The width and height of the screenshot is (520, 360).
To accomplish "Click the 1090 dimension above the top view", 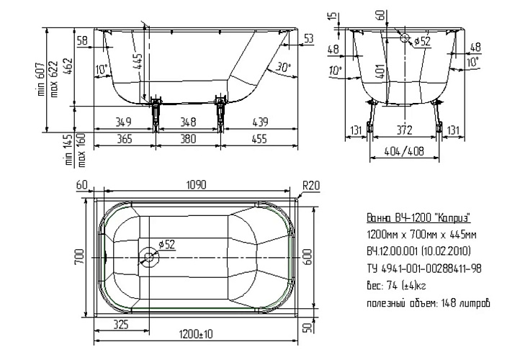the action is pos(197,184).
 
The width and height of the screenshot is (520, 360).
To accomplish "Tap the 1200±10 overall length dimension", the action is pos(196,334).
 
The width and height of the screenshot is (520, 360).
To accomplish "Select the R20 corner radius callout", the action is pos(311,185).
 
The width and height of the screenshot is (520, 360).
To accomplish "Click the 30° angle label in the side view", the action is pos(283,68).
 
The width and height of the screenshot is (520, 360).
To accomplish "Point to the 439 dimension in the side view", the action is pos(260,122).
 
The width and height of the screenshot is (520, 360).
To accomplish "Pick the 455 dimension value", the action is pos(259,138).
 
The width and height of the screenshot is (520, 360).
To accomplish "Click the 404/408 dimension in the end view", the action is pos(404,151).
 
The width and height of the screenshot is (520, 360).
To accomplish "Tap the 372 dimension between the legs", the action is pos(404,130).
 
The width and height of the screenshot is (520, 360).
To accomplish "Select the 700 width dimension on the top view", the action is pos(80,257).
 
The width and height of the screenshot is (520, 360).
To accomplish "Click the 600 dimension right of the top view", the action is pos(308,257).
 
